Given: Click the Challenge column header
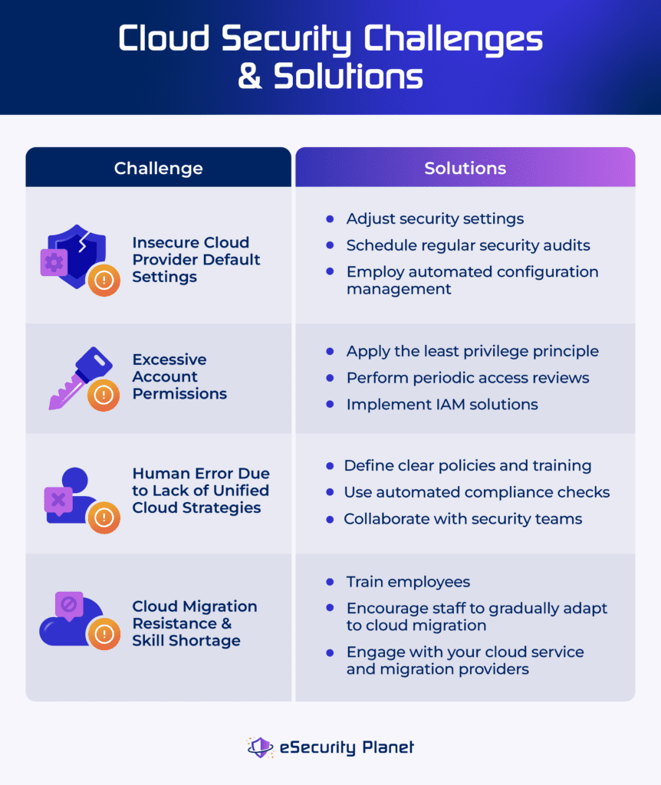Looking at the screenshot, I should (158, 168).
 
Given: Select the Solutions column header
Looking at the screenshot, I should (465, 168).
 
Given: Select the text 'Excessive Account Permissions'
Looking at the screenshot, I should (179, 376).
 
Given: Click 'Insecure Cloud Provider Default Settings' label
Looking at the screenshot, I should (196, 259).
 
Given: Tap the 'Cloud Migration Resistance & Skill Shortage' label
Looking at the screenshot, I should (194, 623).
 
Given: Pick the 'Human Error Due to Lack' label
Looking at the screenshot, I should (200, 491).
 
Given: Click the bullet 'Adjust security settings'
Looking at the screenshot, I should (435, 218).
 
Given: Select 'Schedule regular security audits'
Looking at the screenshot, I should (468, 245).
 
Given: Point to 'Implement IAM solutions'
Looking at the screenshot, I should (442, 404).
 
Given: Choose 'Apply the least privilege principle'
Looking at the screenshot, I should (472, 351).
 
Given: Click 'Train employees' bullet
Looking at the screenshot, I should (408, 582).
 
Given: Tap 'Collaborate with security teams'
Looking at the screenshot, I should (462, 519).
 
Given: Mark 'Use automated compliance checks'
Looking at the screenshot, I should (476, 492).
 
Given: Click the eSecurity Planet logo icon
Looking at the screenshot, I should (260, 747).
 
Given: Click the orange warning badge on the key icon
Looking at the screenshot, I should (102, 396).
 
